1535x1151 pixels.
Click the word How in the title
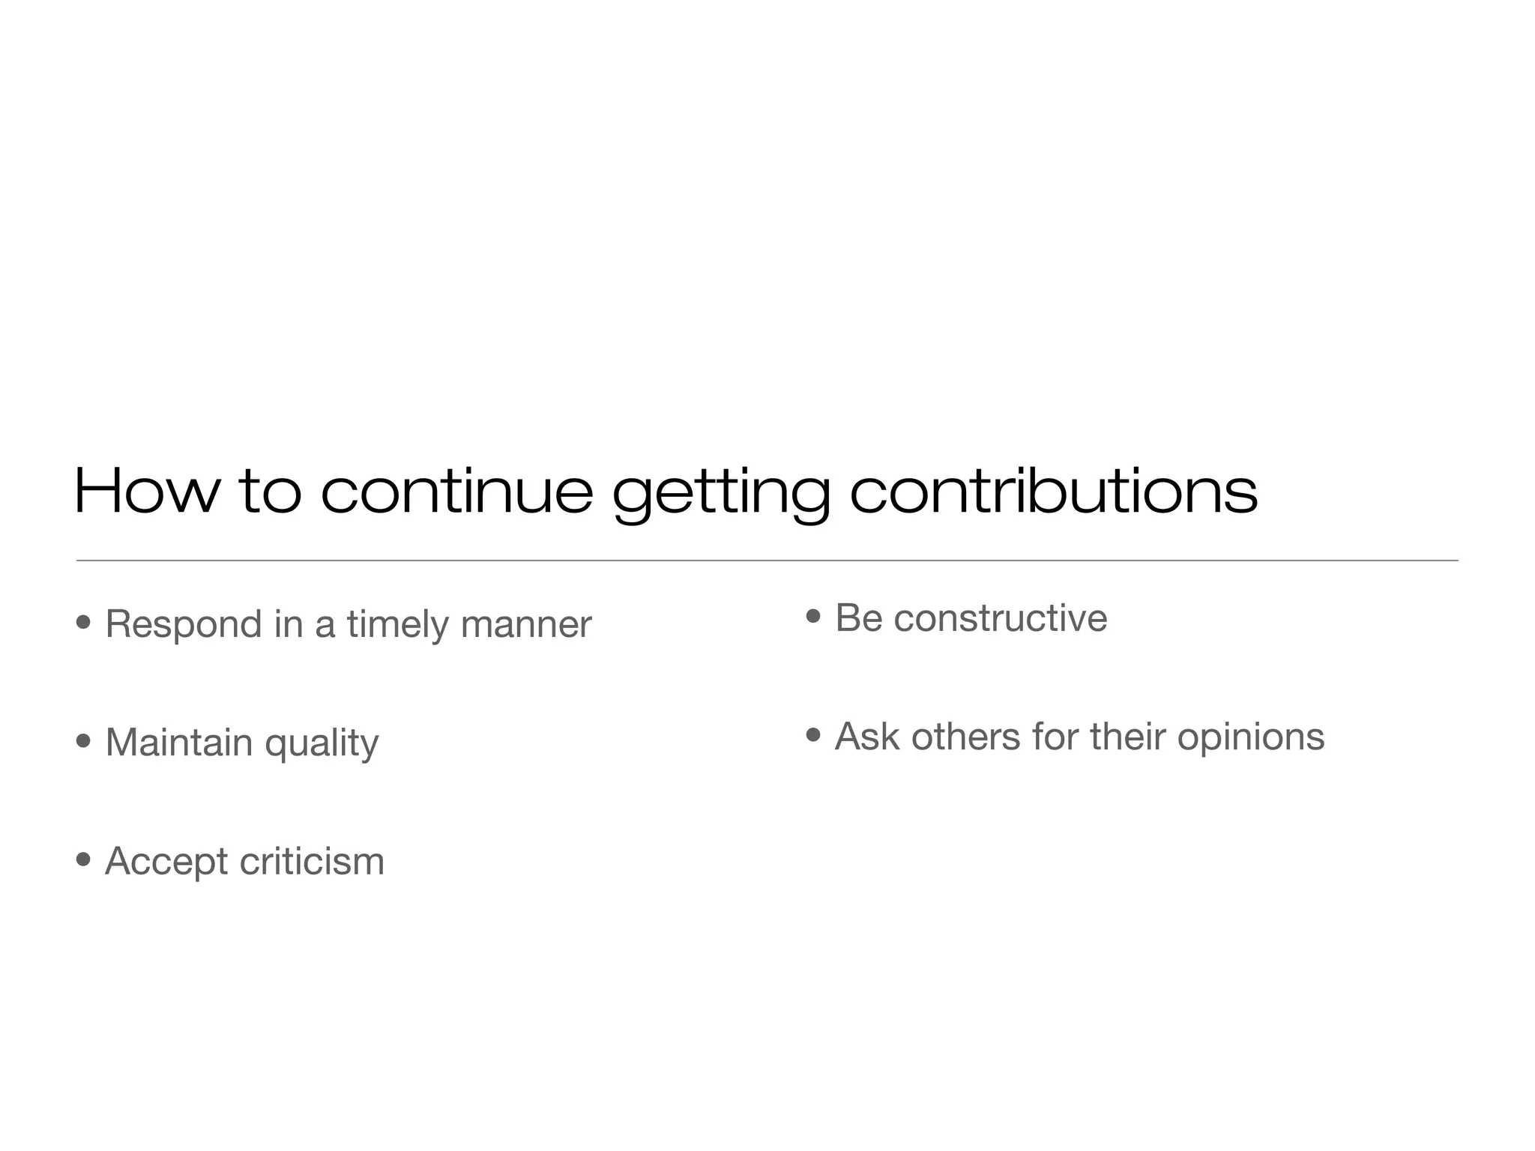147,492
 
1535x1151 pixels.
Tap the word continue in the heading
456,492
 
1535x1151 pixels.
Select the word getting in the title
720,495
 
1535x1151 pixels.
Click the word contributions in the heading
1053,492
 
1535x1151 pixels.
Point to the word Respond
184,625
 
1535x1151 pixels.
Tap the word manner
526,625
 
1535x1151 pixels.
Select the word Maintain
179,743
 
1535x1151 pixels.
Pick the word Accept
166,862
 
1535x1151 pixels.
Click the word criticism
312,861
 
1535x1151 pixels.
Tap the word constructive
1001,618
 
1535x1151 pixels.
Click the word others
966,736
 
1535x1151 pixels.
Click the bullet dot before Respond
84,622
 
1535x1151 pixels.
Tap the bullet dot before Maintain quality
84,741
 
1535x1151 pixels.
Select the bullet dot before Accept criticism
84,859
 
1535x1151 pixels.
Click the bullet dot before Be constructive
813,617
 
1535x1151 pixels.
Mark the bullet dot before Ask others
813,735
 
